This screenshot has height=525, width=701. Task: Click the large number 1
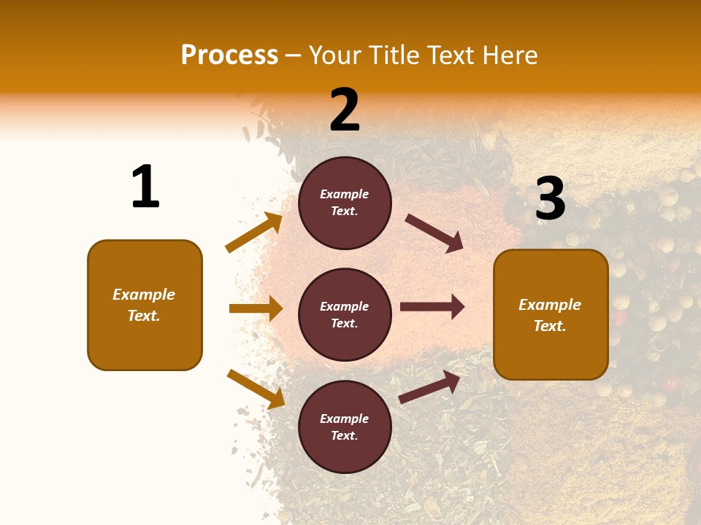pos(145,187)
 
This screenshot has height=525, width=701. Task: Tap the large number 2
pos(345,110)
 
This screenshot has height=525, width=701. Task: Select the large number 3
pos(550,198)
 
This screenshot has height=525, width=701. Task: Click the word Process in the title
pos(229,55)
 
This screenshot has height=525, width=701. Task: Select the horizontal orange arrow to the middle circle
pos(256,308)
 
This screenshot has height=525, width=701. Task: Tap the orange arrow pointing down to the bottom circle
pos(256,389)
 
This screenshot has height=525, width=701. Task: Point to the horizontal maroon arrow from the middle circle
pos(432,307)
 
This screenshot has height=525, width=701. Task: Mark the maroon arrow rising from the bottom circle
pos(429,387)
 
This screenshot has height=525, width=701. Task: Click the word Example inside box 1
pos(144,295)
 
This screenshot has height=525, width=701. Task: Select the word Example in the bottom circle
pos(345,419)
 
